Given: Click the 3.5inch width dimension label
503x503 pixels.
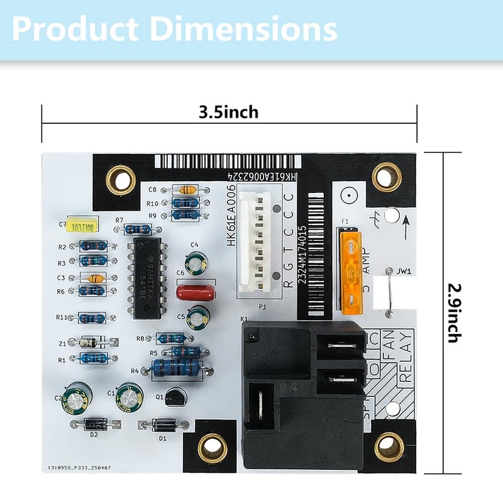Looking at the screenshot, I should (229, 113).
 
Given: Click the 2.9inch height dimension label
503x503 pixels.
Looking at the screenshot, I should (454, 312).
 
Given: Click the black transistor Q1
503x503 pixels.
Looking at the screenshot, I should (176, 396).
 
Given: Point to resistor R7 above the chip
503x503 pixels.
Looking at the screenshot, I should (137, 229).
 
